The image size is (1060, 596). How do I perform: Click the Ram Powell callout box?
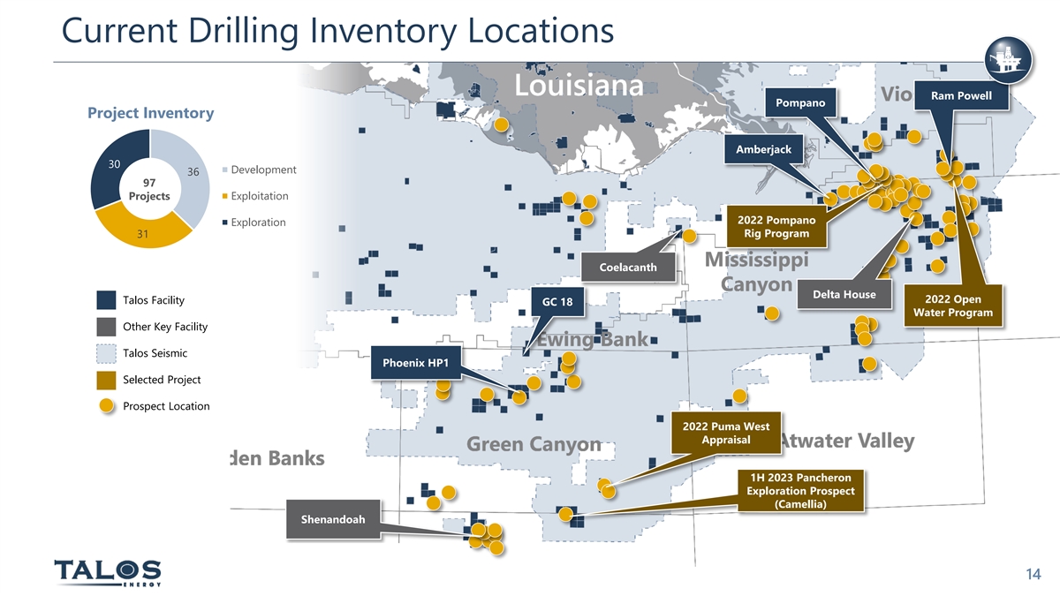967,96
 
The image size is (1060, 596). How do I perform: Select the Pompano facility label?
799,104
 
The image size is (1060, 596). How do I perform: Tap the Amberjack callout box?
763,149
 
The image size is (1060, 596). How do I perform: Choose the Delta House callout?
844,294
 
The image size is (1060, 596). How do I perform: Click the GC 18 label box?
557,303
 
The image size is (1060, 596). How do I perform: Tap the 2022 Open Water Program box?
958,306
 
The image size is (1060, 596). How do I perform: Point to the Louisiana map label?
579,87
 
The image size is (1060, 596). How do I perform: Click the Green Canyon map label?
534,444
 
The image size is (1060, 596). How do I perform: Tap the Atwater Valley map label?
845,441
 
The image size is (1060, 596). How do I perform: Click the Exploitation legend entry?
259,196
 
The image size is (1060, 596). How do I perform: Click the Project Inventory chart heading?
150,113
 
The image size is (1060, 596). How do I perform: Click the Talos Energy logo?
108,571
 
